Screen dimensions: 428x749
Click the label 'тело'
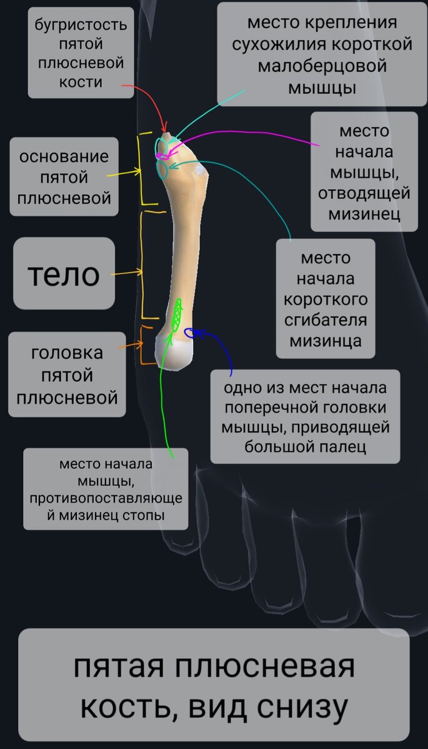point(64,273)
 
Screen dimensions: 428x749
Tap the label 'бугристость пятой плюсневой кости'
point(81,53)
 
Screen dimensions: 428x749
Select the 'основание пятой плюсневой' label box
point(64,177)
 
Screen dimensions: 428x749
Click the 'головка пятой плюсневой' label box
point(67,375)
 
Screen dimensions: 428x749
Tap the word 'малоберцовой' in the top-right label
point(322,66)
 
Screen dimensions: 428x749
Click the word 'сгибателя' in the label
point(325,320)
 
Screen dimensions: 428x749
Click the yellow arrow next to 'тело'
point(127,273)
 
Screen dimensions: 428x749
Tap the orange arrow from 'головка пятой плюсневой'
point(129,345)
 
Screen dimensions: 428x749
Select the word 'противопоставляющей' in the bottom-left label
point(106,498)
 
